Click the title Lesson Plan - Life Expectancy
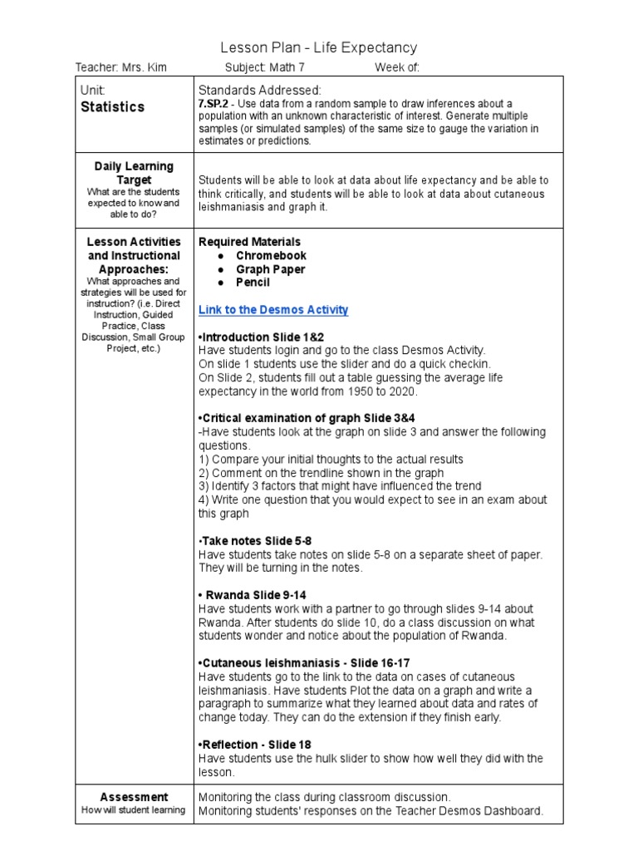pyautogui.click(x=318, y=48)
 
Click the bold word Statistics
pyautogui.click(x=112, y=106)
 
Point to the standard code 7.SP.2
pyautogui.click(x=214, y=103)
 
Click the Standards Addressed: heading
pyautogui.click(x=259, y=90)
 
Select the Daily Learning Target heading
pyautogui.click(x=133, y=173)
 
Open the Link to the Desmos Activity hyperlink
pyautogui.click(x=273, y=310)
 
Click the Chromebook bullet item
pyautogui.click(x=271, y=256)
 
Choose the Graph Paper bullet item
pyautogui.click(x=270, y=269)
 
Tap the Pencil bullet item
pyautogui.click(x=253, y=283)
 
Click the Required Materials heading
pyautogui.click(x=250, y=242)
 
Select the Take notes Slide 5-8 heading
pyautogui.click(x=255, y=541)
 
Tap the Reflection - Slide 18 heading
pyautogui.click(x=255, y=745)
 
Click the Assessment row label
pyautogui.click(x=133, y=796)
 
